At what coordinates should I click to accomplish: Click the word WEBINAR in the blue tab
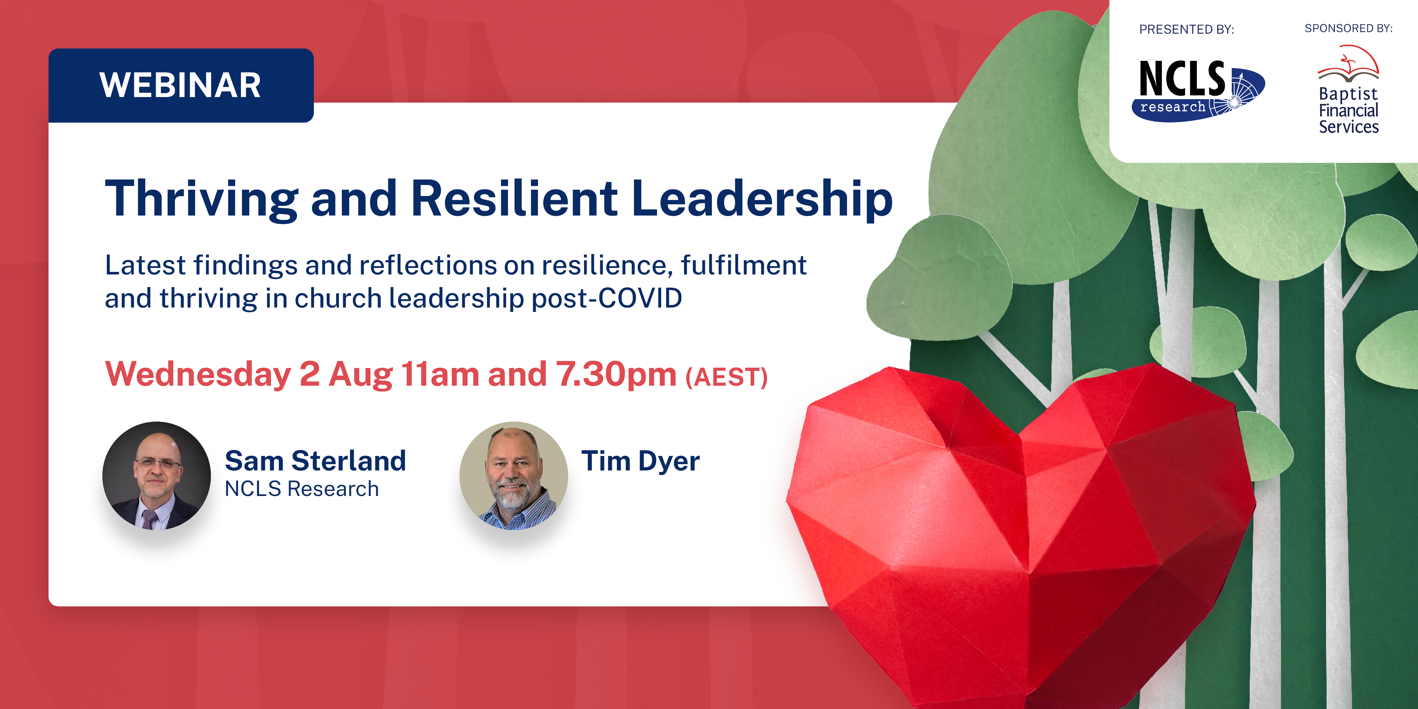click(180, 85)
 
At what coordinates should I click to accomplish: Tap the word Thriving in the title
click(201, 199)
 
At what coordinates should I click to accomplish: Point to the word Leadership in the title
click(762, 199)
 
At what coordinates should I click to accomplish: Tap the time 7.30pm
click(615, 375)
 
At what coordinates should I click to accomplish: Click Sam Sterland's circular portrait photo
click(156, 476)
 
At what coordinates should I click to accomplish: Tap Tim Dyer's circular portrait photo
click(514, 476)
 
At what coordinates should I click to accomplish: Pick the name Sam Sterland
click(315, 461)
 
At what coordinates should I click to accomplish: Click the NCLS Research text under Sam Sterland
click(302, 489)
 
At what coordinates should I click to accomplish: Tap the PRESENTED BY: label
click(1187, 29)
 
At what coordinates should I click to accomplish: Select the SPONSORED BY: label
click(1349, 28)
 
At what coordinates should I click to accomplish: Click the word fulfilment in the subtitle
click(744, 265)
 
